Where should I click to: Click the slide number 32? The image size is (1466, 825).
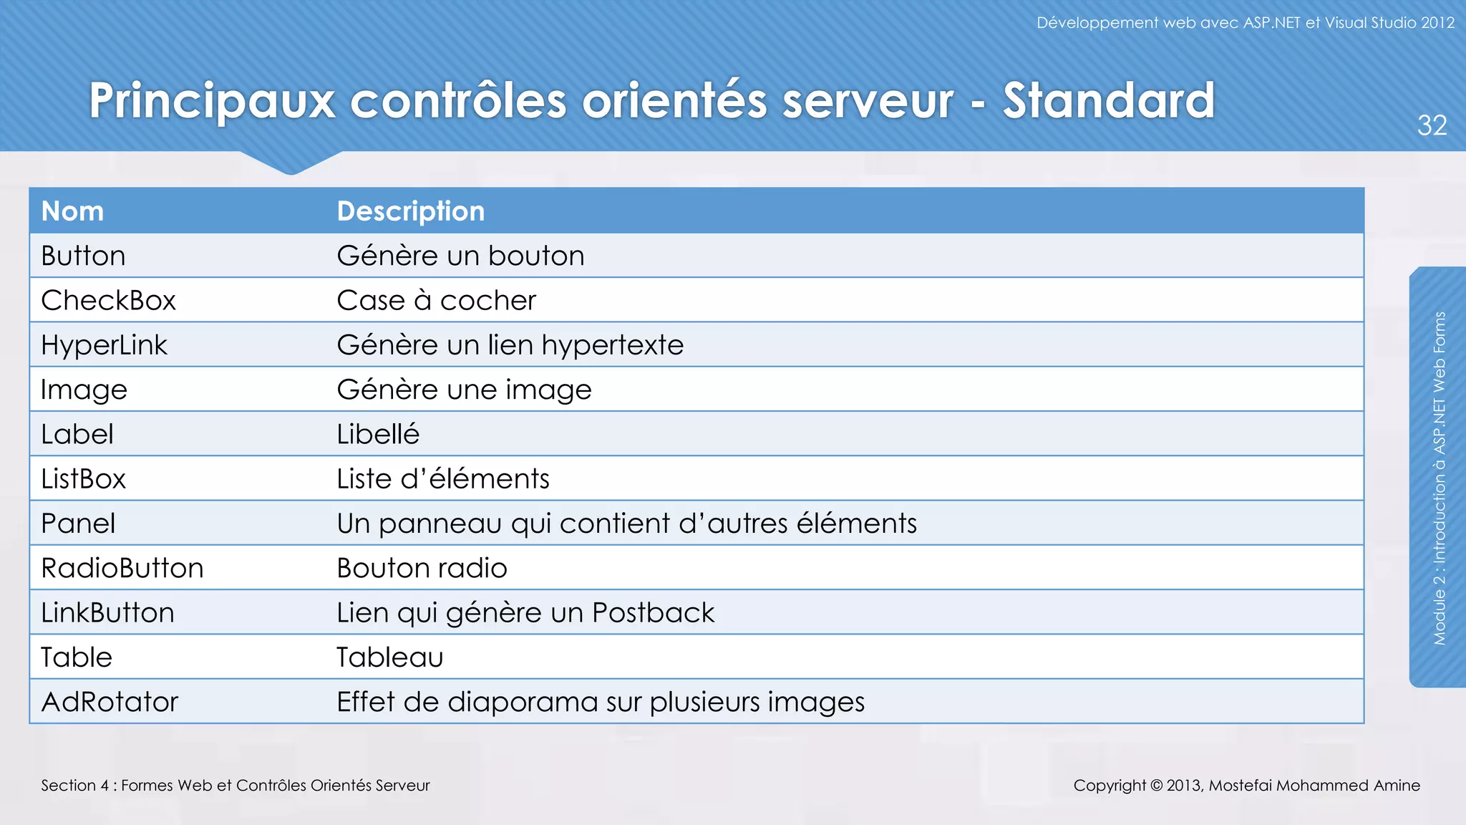tap(1432, 126)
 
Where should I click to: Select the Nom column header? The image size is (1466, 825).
tap(72, 211)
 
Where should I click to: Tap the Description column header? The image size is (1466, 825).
tap(410, 211)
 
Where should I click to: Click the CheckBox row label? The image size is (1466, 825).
tap(108, 301)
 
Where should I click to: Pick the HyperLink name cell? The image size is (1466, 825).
tap(104, 345)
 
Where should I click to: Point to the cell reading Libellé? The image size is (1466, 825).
tap(378, 435)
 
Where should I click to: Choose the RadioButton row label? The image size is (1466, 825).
tap(122, 569)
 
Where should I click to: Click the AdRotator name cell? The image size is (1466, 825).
tap(110, 702)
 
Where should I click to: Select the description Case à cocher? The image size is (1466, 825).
tap(436, 301)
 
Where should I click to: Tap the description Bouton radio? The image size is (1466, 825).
tap(422, 569)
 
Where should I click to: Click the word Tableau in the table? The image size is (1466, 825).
tap(390, 657)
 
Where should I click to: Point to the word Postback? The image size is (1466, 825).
tap(653, 613)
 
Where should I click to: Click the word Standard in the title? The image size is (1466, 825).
tap(1108, 100)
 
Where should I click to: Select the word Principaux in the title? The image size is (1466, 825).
tap(212, 102)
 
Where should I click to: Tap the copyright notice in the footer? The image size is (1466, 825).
tap(1246, 786)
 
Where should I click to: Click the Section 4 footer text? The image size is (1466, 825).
tap(236, 786)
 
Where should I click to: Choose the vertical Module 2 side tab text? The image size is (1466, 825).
tap(1440, 478)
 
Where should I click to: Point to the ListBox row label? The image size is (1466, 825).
tap(83, 479)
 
